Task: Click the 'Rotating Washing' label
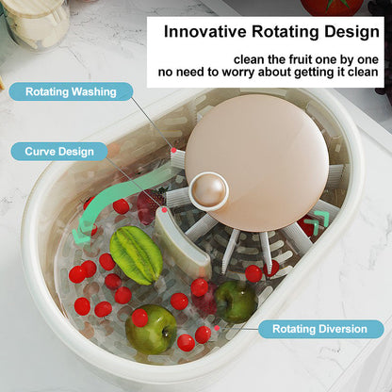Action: point(71,92)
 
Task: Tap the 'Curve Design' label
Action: point(59,151)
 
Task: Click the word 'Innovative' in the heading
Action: point(208,30)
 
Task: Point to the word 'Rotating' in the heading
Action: point(286,30)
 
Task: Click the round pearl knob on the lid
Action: point(208,191)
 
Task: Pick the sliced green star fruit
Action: point(136,254)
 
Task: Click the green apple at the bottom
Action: point(152,329)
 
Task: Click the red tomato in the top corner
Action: point(330,7)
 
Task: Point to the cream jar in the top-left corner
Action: point(36,21)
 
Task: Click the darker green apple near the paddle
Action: point(235,301)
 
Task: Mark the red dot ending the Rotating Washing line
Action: point(173,149)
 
